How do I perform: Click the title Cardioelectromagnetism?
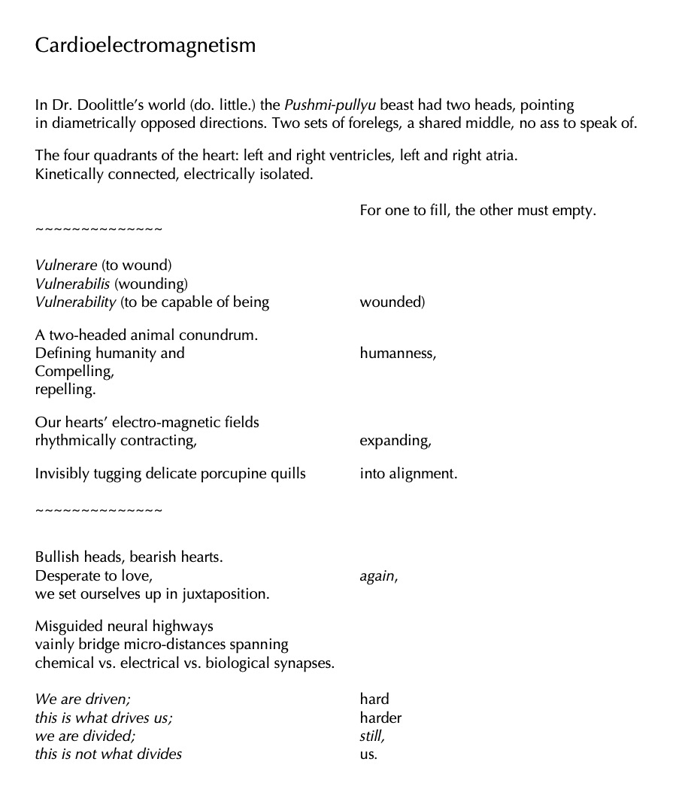coord(145,46)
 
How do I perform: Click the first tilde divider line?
coord(98,229)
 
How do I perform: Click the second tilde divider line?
coord(98,511)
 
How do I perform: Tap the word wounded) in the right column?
coord(392,302)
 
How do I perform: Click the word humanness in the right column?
coord(397,354)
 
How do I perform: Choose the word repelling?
coord(65,390)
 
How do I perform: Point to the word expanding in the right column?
coord(395,441)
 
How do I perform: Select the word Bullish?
coord(58,558)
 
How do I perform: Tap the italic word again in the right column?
coord(378,577)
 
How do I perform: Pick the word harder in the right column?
coord(380,718)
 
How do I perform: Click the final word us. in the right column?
coord(368,754)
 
